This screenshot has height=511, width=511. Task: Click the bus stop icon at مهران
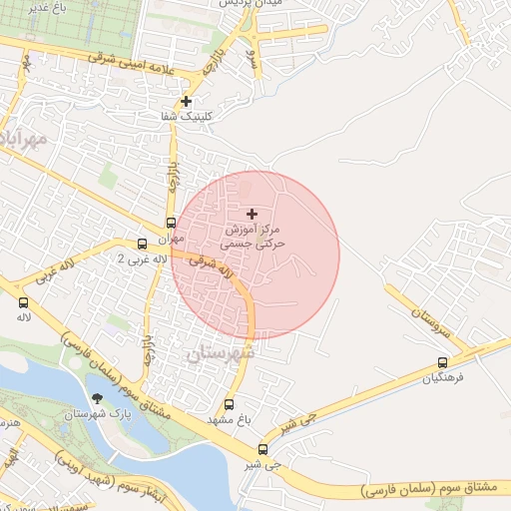(171, 224)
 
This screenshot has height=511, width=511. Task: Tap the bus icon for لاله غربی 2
(142, 244)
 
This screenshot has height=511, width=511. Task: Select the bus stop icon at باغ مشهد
(230, 405)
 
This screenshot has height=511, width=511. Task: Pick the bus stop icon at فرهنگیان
(442, 363)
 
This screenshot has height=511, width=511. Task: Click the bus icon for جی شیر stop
(262, 449)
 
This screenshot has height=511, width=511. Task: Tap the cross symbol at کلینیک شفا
(186, 101)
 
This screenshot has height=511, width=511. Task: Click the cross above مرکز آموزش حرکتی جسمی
(252, 214)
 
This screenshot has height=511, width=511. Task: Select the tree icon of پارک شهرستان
(96, 399)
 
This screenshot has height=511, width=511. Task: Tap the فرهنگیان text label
(443, 379)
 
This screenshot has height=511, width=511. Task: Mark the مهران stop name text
(171, 239)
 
